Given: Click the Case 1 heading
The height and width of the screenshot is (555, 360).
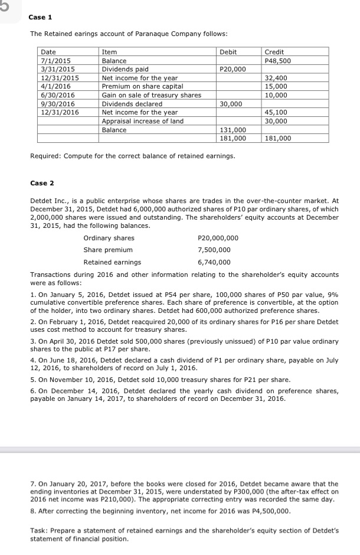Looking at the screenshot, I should (x=41, y=17).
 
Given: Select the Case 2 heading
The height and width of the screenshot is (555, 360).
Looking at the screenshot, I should (x=41, y=183).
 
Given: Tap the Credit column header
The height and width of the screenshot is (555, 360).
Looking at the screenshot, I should (x=275, y=53).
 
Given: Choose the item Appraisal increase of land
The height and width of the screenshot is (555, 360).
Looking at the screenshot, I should (x=143, y=121).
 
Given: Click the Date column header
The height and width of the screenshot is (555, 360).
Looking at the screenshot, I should (x=48, y=53).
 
